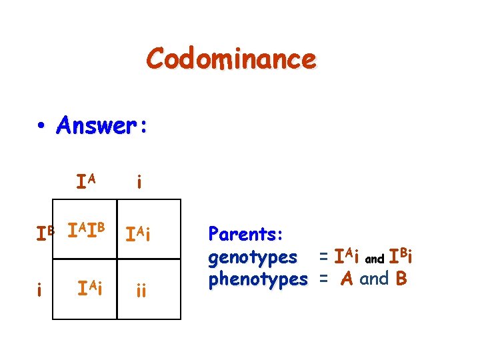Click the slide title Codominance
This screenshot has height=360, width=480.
coord(231,59)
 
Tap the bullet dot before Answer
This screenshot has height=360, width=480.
coord(41,125)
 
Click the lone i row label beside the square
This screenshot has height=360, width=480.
coord(41,290)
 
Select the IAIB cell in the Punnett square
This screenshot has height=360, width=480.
coord(87,233)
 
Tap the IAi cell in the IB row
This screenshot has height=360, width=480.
coord(141,235)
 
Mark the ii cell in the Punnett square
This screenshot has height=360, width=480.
coord(141,291)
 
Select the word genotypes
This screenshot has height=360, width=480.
coord(253,257)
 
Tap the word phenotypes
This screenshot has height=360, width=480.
coord(258,279)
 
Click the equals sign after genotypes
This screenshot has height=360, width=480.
coord(323,257)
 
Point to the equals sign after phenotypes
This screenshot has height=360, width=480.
coord(323,279)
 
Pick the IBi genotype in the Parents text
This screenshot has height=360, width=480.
coord(400,256)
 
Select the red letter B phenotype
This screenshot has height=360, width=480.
coord(401,279)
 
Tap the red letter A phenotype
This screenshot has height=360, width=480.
coord(346,279)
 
